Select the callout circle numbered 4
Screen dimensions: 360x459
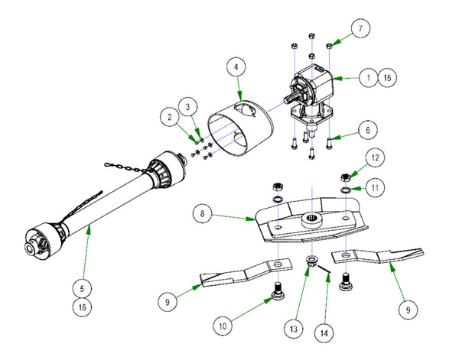(x=238, y=67)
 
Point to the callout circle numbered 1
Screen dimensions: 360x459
(x=368, y=77)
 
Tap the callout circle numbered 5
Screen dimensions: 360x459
(x=83, y=289)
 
